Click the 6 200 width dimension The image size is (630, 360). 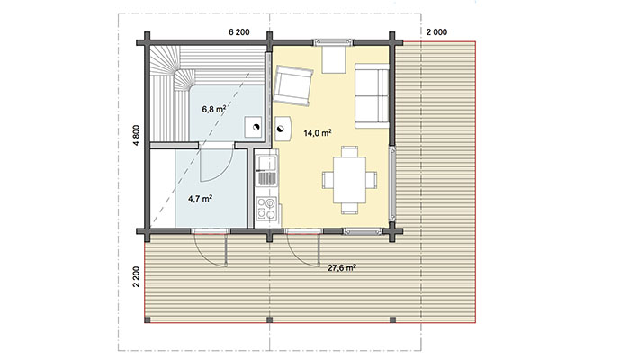click(239, 32)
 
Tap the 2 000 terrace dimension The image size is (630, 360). click(436, 32)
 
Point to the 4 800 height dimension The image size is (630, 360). click(137, 135)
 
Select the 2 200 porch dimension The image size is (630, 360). click(137, 276)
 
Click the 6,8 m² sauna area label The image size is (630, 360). click(213, 109)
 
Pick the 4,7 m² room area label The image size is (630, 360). click(200, 198)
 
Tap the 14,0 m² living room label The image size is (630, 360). click(318, 133)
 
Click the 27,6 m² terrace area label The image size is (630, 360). click(341, 268)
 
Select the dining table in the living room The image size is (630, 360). click(349, 180)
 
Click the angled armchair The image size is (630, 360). click(292, 85)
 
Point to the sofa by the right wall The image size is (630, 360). click(372, 95)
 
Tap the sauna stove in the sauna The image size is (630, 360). click(255, 128)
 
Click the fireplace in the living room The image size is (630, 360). click(283, 129)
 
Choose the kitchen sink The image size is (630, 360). click(266, 163)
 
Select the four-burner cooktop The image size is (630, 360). click(266, 209)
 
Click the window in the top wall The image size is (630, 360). click(333, 41)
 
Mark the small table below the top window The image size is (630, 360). click(334, 60)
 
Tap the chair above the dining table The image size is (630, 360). click(349, 152)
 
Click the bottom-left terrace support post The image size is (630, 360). click(148, 320)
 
